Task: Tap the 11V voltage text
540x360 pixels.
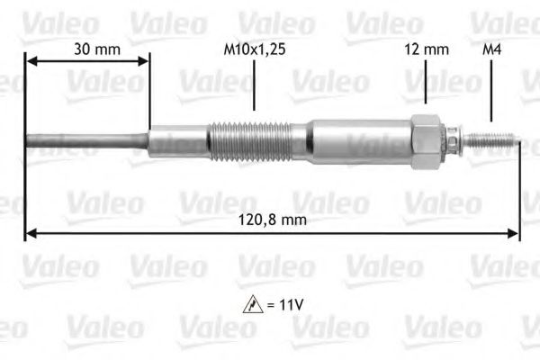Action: coord(291,305)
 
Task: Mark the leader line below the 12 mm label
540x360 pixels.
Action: coord(426,85)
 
